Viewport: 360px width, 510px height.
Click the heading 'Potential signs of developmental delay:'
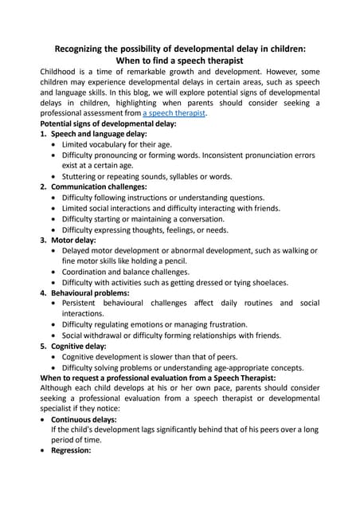(x=108, y=124)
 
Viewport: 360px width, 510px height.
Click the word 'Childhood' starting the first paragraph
(x=62, y=71)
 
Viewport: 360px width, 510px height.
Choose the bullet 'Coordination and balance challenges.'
(x=140, y=272)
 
